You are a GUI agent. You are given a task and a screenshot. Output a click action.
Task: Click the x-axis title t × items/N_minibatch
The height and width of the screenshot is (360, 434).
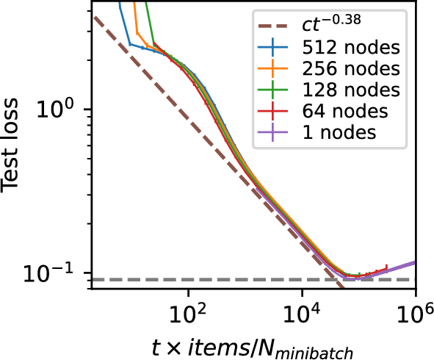click(x=253, y=345)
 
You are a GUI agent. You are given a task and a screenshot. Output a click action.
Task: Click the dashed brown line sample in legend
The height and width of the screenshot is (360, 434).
click(x=274, y=28)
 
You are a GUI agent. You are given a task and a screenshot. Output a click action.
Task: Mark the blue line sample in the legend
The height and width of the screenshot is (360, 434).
click(x=274, y=48)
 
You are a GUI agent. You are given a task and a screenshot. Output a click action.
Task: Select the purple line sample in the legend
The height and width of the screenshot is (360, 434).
click(x=274, y=133)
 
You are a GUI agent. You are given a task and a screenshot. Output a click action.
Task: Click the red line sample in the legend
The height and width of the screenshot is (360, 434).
click(x=274, y=112)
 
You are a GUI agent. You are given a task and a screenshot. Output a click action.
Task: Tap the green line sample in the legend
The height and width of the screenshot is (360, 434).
click(x=274, y=90)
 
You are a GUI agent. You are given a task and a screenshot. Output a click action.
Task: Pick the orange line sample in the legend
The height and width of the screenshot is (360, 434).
click(x=274, y=70)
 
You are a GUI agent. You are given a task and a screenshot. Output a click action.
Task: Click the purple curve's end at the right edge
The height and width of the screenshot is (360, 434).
click(x=415, y=262)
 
